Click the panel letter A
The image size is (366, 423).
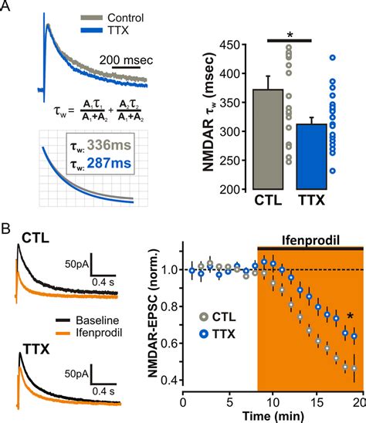tap(8, 8)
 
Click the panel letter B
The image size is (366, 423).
tap(8, 229)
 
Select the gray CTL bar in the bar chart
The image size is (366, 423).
tap(269, 139)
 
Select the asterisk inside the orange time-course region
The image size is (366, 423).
tap(351, 316)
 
